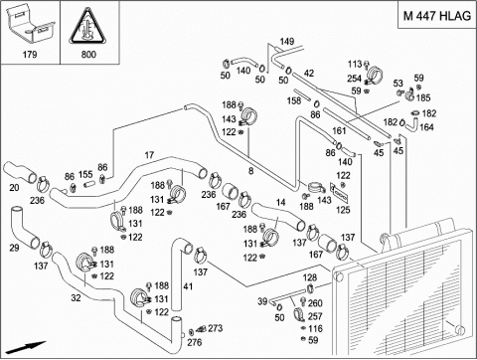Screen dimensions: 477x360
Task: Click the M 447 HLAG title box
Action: (x=437, y=15)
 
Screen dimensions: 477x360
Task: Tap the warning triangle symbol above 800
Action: (x=88, y=27)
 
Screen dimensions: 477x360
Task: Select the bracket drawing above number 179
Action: (x=30, y=25)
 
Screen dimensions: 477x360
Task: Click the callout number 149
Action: (x=287, y=42)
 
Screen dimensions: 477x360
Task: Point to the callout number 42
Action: (x=308, y=73)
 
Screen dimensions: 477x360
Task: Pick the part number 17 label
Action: (x=149, y=155)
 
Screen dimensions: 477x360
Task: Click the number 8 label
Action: (x=251, y=171)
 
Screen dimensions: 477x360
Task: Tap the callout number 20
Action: (x=14, y=188)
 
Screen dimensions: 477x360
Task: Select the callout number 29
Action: (x=14, y=248)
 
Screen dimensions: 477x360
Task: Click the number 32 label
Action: (x=76, y=297)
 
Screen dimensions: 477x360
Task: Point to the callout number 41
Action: (x=188, y=286)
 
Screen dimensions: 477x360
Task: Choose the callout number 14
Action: (x=280, y=202)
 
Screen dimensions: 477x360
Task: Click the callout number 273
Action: (x=216, y=328)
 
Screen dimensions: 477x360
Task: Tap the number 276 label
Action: (x=195, y=342)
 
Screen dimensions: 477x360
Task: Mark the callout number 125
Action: (x=343, y=210)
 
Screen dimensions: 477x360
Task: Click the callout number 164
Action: (x=426, y=127)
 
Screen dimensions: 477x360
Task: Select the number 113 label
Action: (x=355, y=64)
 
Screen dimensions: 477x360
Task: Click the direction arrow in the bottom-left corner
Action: (x=26, y=347)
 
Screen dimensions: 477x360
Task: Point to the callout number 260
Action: (x=315, y=303)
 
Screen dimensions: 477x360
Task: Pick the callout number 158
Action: (x=294, y=100)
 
